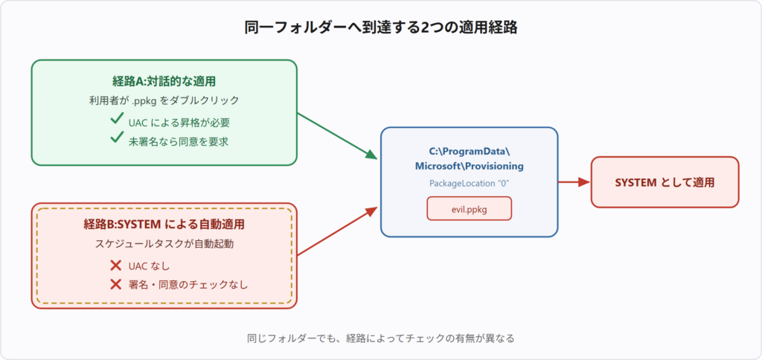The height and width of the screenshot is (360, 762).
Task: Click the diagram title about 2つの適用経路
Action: click(x=380, y=28)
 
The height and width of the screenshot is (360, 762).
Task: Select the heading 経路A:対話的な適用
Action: click(x=164, y=82)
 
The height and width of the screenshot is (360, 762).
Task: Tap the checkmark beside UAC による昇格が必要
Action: click(x=117, y=118)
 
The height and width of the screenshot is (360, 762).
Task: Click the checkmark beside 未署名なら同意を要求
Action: click(x=117, y=138)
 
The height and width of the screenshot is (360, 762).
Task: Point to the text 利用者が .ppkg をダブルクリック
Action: click(x=164, y=100)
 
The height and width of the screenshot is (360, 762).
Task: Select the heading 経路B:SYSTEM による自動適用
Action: click(x=164, y=225)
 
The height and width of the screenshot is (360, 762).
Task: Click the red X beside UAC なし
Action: click(x=115, y=266)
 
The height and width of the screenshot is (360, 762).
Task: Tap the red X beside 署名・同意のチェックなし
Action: click(x=115, y=284)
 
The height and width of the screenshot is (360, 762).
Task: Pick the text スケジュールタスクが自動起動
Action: click(x=164, y=244)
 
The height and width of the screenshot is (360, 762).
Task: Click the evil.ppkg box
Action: click(x=469, y=208)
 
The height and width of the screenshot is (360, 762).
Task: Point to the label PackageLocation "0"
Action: click(x=469, y=184)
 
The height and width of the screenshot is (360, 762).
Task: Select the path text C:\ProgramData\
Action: click(x=469, y=150)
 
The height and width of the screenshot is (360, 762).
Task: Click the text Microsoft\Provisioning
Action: click(x=469, y=166)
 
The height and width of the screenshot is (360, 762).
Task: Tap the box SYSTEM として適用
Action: click(x=665, y=182)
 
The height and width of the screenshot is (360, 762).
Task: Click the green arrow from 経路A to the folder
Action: click(x=337, y=136)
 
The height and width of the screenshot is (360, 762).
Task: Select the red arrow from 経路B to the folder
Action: click(x=337, y=231)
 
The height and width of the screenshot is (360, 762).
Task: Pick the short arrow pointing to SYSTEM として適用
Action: click(x=574, y=182)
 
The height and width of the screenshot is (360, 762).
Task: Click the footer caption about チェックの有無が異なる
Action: click(x=380, y=338)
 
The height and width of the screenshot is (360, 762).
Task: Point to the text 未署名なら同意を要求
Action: click(x=179, y=142)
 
